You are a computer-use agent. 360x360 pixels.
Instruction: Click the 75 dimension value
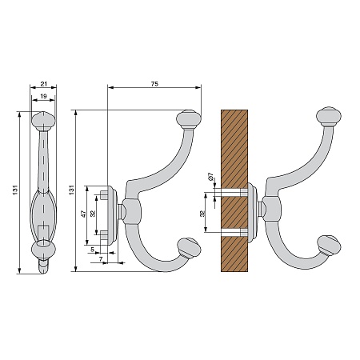[x=154, y=84]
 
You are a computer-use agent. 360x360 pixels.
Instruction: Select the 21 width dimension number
[x=43, y=84]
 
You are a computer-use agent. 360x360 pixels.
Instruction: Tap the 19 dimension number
[x=43, y=96]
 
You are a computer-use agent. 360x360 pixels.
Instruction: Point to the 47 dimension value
[x=84, y=214]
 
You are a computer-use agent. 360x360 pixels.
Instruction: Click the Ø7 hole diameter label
[x=210, y=176]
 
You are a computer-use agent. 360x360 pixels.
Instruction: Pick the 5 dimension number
[x=92, y=250]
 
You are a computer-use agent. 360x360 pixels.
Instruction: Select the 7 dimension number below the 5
[x=101, y=258]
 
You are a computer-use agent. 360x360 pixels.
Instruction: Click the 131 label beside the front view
[x=15, y=190]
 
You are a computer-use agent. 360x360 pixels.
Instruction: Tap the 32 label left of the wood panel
[x=202, y=214]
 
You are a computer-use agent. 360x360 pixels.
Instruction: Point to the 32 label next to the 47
[x=93, y=214]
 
